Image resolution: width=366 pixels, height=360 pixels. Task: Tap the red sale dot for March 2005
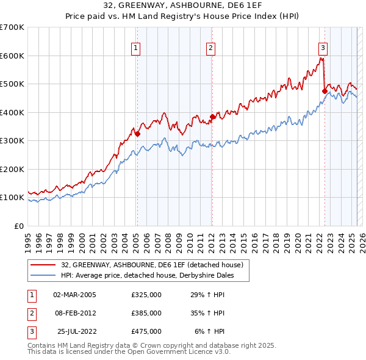coord(138,134)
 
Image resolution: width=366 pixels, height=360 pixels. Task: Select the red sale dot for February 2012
coord(213,117)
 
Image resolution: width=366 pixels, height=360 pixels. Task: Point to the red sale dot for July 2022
coord(325,92)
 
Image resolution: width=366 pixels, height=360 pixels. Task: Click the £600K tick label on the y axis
coord(12,56)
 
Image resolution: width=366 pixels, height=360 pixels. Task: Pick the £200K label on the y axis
coord(12,169)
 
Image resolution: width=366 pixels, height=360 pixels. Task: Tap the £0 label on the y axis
coord(18,226)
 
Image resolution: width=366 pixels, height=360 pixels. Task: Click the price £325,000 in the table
coord(146,295)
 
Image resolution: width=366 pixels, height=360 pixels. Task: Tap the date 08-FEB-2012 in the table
coord(75,313)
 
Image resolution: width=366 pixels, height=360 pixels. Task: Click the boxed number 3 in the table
coord(31,331)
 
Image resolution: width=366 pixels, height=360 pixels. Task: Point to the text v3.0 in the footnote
coord(220,352)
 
